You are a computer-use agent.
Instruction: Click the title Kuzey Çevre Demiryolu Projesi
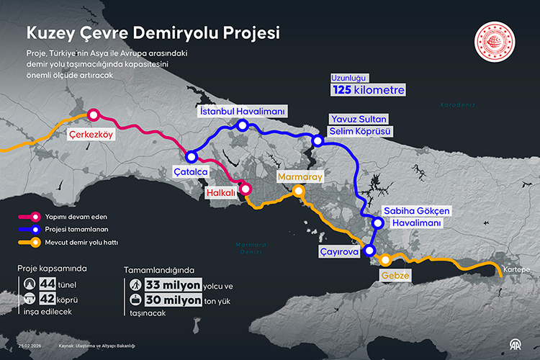tap(153, 33)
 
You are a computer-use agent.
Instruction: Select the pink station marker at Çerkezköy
tap(92, 114)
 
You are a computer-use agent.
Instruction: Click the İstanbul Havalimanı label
tap(243, 112)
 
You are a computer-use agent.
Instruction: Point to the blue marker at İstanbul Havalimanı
tap(243, 126)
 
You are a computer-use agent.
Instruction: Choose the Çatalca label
tap(191, 173)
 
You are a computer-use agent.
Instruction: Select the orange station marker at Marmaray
tap(298, 191)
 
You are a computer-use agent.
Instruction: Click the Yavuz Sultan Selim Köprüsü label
tap(359, 125)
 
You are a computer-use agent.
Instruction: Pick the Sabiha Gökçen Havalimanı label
tap(416, 217)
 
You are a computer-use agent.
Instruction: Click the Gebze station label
tap(395, 276)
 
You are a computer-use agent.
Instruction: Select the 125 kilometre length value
tap(367, 89)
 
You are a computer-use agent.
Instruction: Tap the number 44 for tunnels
tap(48, 283)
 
